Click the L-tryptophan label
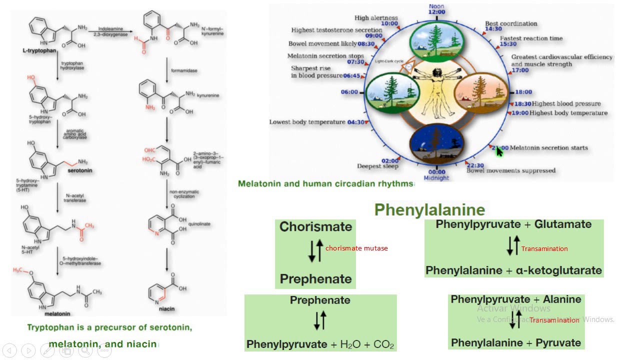pyautogui.click(x=39, y=51)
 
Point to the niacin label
pyautogui.click(x=167, y=308)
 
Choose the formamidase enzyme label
pyautogui.click(x=185, y=70)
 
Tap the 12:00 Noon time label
pyautogui.click(x=436, y=11)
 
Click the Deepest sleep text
pyautogui.click(x=378, y=166)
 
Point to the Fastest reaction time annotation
pyautogui.click(x=531, y=38)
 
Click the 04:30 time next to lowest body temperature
pyautogui.click(x=355, y=122)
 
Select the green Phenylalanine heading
pyautogui.click(x=429, y=209)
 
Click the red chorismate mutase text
pyautogui.click(x=356, y=248)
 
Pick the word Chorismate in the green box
pyautogui.click(x=315, y=227)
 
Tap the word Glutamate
pyautogui.click(x=563, y=224)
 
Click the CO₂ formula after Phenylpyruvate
pyautogui.click(x=383, y=344)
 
